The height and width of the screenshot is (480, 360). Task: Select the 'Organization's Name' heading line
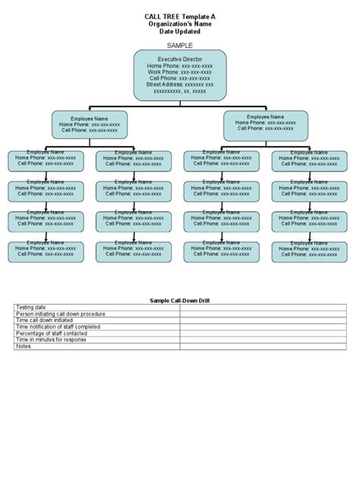click(179, 24)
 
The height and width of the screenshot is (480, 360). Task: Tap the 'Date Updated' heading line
click(179, 32)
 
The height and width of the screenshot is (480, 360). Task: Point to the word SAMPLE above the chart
click(179, 45)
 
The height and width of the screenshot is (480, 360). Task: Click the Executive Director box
click(179, 75)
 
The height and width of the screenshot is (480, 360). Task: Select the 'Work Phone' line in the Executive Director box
click(179, 72)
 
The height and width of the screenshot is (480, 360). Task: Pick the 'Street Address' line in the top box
click(179, 84)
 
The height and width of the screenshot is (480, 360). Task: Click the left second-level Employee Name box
click(90, 125)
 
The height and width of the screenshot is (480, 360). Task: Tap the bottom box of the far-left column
click(46, 251)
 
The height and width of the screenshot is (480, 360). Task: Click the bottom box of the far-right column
click(311, 251)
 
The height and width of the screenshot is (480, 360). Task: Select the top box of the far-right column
click(311, 160)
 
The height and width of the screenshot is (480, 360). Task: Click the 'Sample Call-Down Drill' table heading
click(179, 302)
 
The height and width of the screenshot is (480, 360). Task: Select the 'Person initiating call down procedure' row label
click(61, 314)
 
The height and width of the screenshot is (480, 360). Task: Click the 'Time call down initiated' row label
click(46, 320)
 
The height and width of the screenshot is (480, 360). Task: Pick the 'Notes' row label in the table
click(24, 346)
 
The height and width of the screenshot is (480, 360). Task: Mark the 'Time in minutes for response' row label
click(51, 339)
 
